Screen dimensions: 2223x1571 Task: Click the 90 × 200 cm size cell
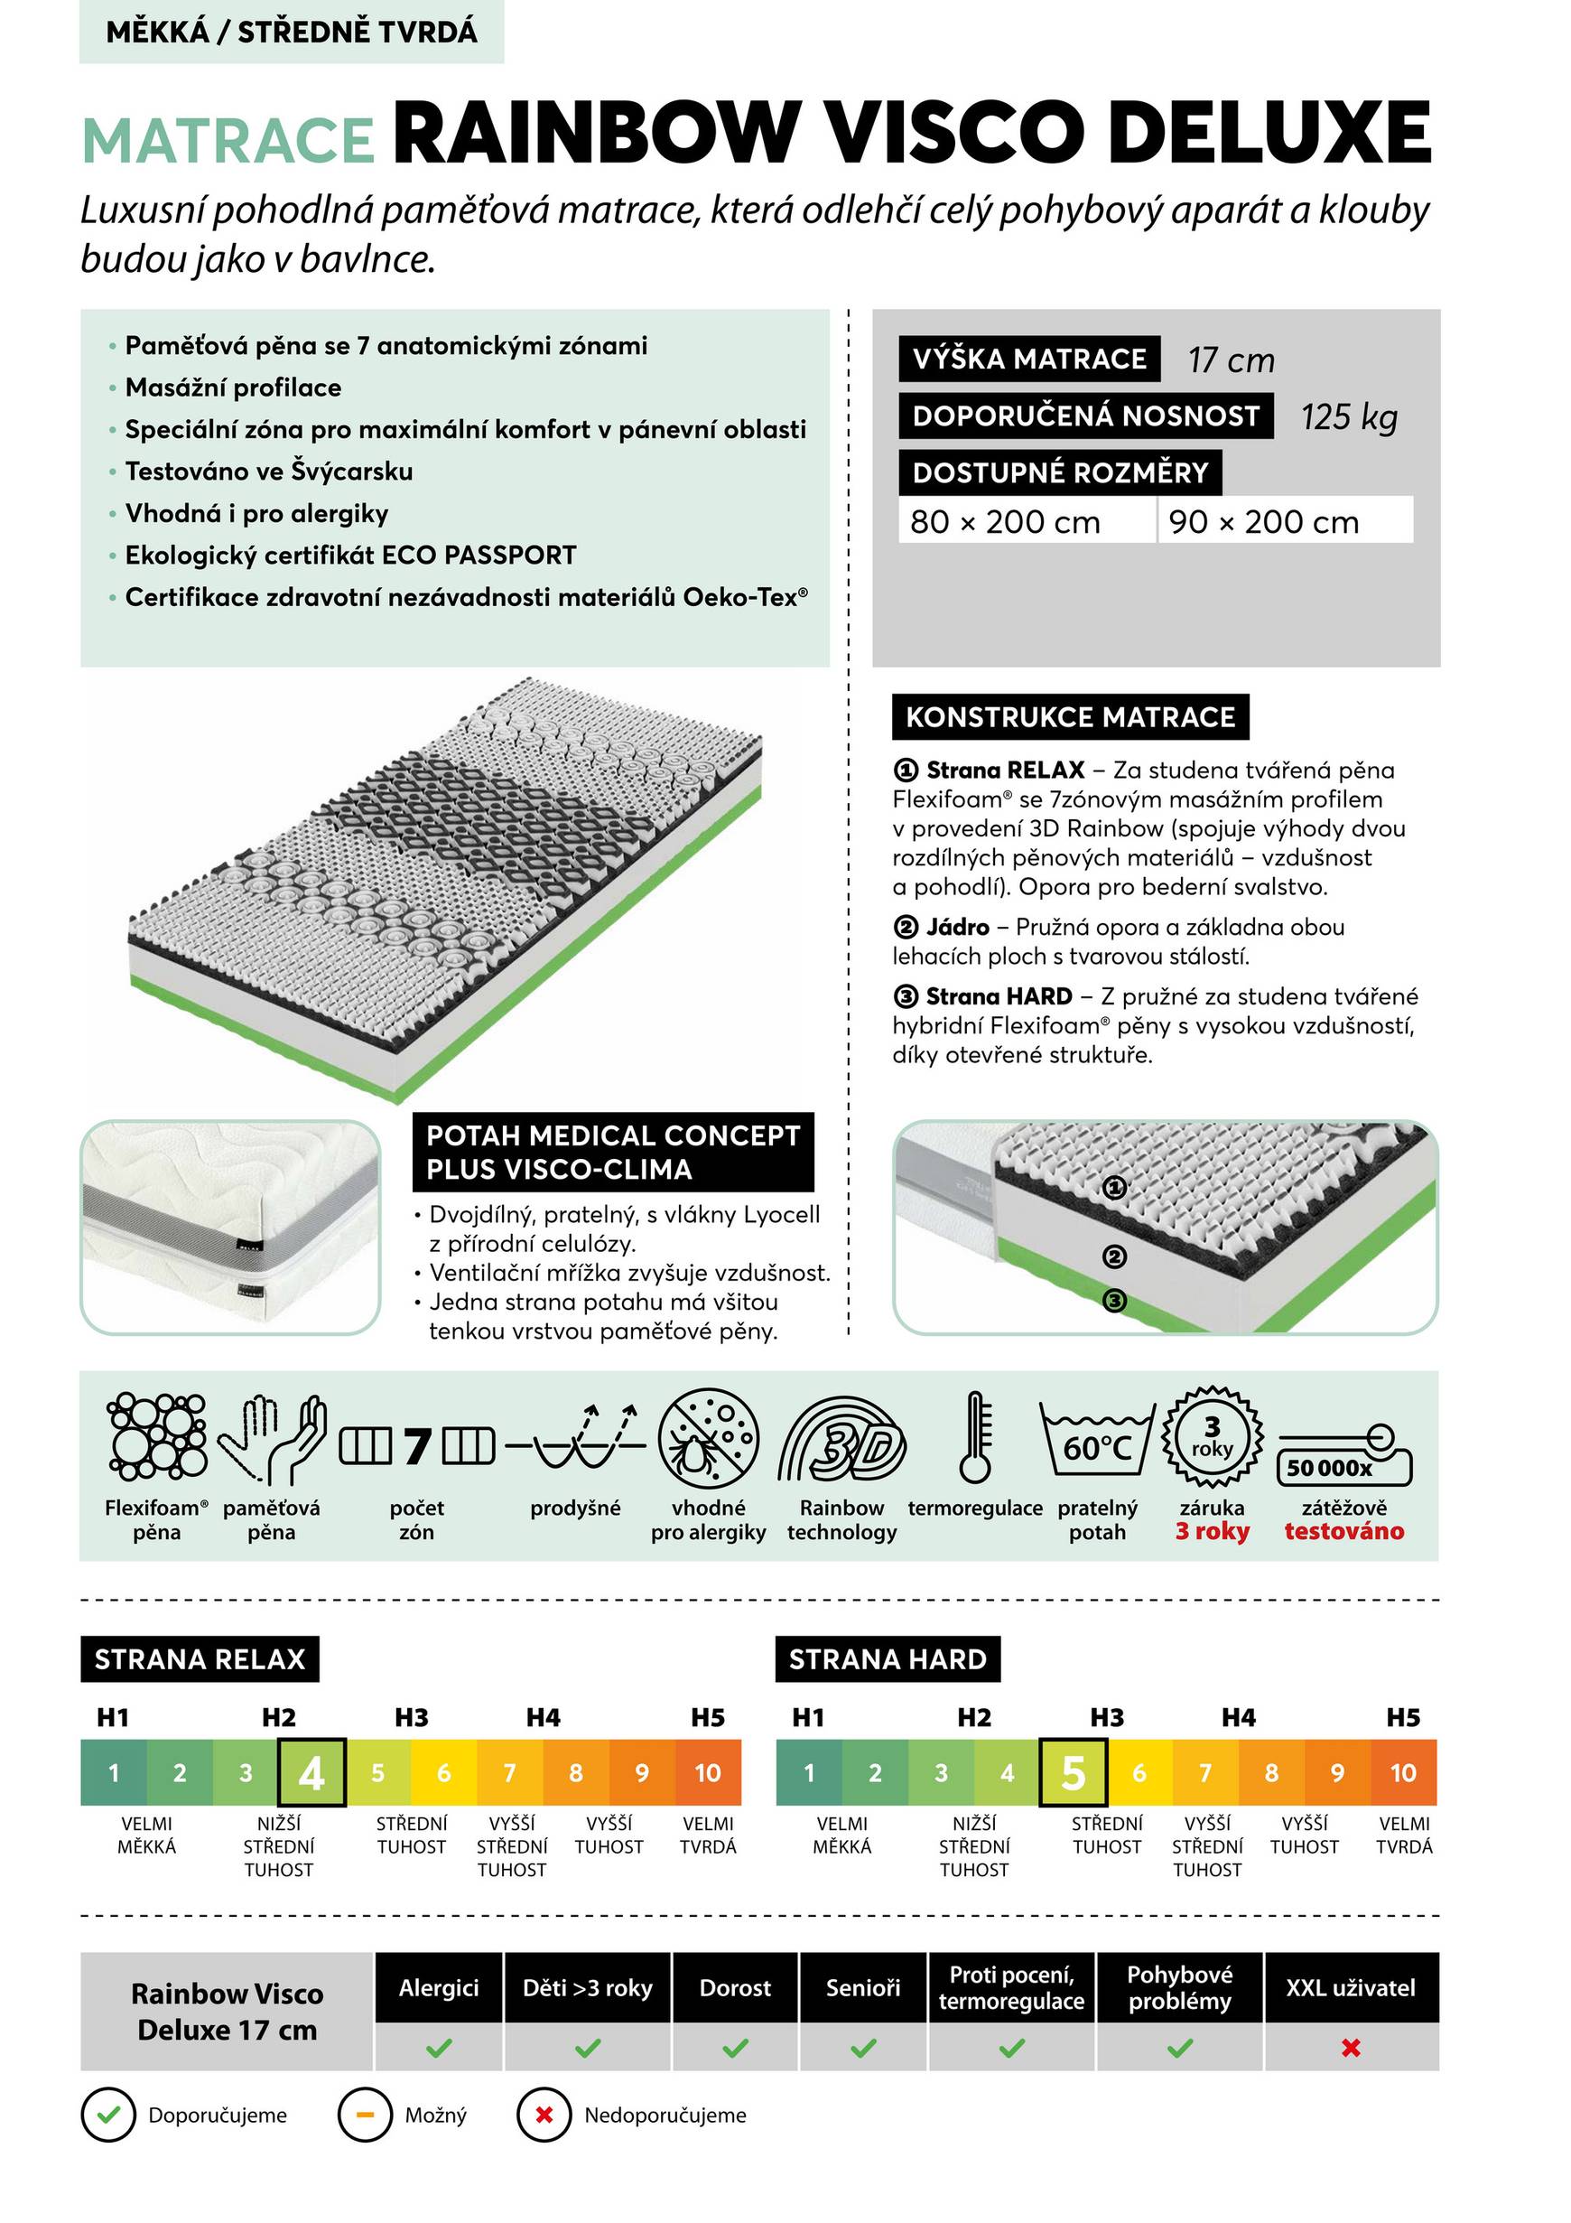point(1284,522)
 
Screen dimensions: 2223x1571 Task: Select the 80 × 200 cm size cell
point(1026,522)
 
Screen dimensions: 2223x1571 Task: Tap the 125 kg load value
point(1348,417)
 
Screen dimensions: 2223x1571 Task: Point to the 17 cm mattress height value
point(1231,360)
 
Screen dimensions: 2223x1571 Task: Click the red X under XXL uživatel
point(1352,2048)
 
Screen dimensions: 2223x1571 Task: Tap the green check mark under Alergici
point(439,2048)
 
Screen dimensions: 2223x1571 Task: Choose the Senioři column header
point(862,1988)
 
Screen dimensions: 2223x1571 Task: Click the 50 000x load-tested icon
point(1343,1456)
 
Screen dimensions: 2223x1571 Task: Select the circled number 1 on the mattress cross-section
point(1115,1187)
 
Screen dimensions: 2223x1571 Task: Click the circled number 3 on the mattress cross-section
point(1115,1302)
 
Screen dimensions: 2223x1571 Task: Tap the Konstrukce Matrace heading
point(1070,717)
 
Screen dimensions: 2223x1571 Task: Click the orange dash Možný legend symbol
point(365,2116)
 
